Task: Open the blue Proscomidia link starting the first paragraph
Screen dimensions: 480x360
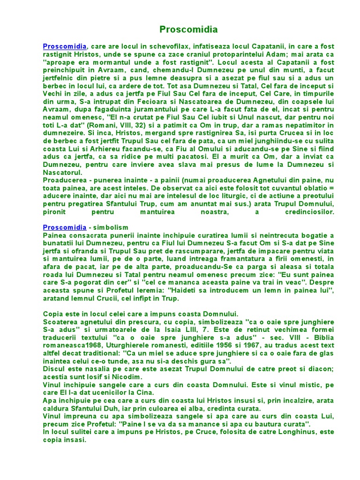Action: (65, 46)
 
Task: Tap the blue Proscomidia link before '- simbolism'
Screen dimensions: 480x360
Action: (65, 227)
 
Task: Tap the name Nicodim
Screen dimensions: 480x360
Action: (126, 377)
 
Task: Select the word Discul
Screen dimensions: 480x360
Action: (53, 369)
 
